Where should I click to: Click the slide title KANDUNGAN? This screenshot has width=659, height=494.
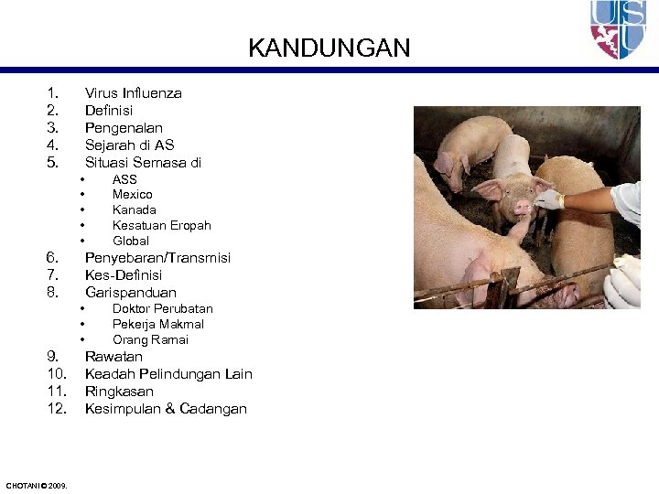click(x=329, y=48)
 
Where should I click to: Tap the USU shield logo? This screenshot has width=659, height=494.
click(x=620, y=29)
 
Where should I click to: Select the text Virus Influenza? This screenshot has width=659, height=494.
click(x=133, y=92)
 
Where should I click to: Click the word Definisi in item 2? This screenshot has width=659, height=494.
click(x=111, y=110)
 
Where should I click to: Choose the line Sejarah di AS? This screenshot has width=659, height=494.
click(x=129, y=145)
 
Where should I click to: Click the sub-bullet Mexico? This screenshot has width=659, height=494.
click(x=133, y=194)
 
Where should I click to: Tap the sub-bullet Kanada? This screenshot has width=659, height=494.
click(x=134, y=209)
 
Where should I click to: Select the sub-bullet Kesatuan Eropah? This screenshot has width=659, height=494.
click(x=161, y=225)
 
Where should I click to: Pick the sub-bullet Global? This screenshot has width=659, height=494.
click(x=131, y=241)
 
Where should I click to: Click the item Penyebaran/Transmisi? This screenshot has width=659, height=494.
click(x=157, y=257)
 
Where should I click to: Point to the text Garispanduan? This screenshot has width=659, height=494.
click(x=131, y=292)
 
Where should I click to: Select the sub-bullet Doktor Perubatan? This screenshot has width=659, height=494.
click(x=162, y=308)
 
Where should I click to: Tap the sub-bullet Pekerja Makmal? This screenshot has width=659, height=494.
click(x=157, y=324)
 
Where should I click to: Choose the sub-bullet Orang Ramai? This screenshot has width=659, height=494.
click(x=150, y=339)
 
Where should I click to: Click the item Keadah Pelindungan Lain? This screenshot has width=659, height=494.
click(x=168, y=373)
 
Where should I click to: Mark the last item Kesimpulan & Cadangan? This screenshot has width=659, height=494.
click(x=166, y=408)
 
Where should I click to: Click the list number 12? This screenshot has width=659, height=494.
click(x=56, y=408)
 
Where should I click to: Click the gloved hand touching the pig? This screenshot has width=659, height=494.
click(x=548, y=199)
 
